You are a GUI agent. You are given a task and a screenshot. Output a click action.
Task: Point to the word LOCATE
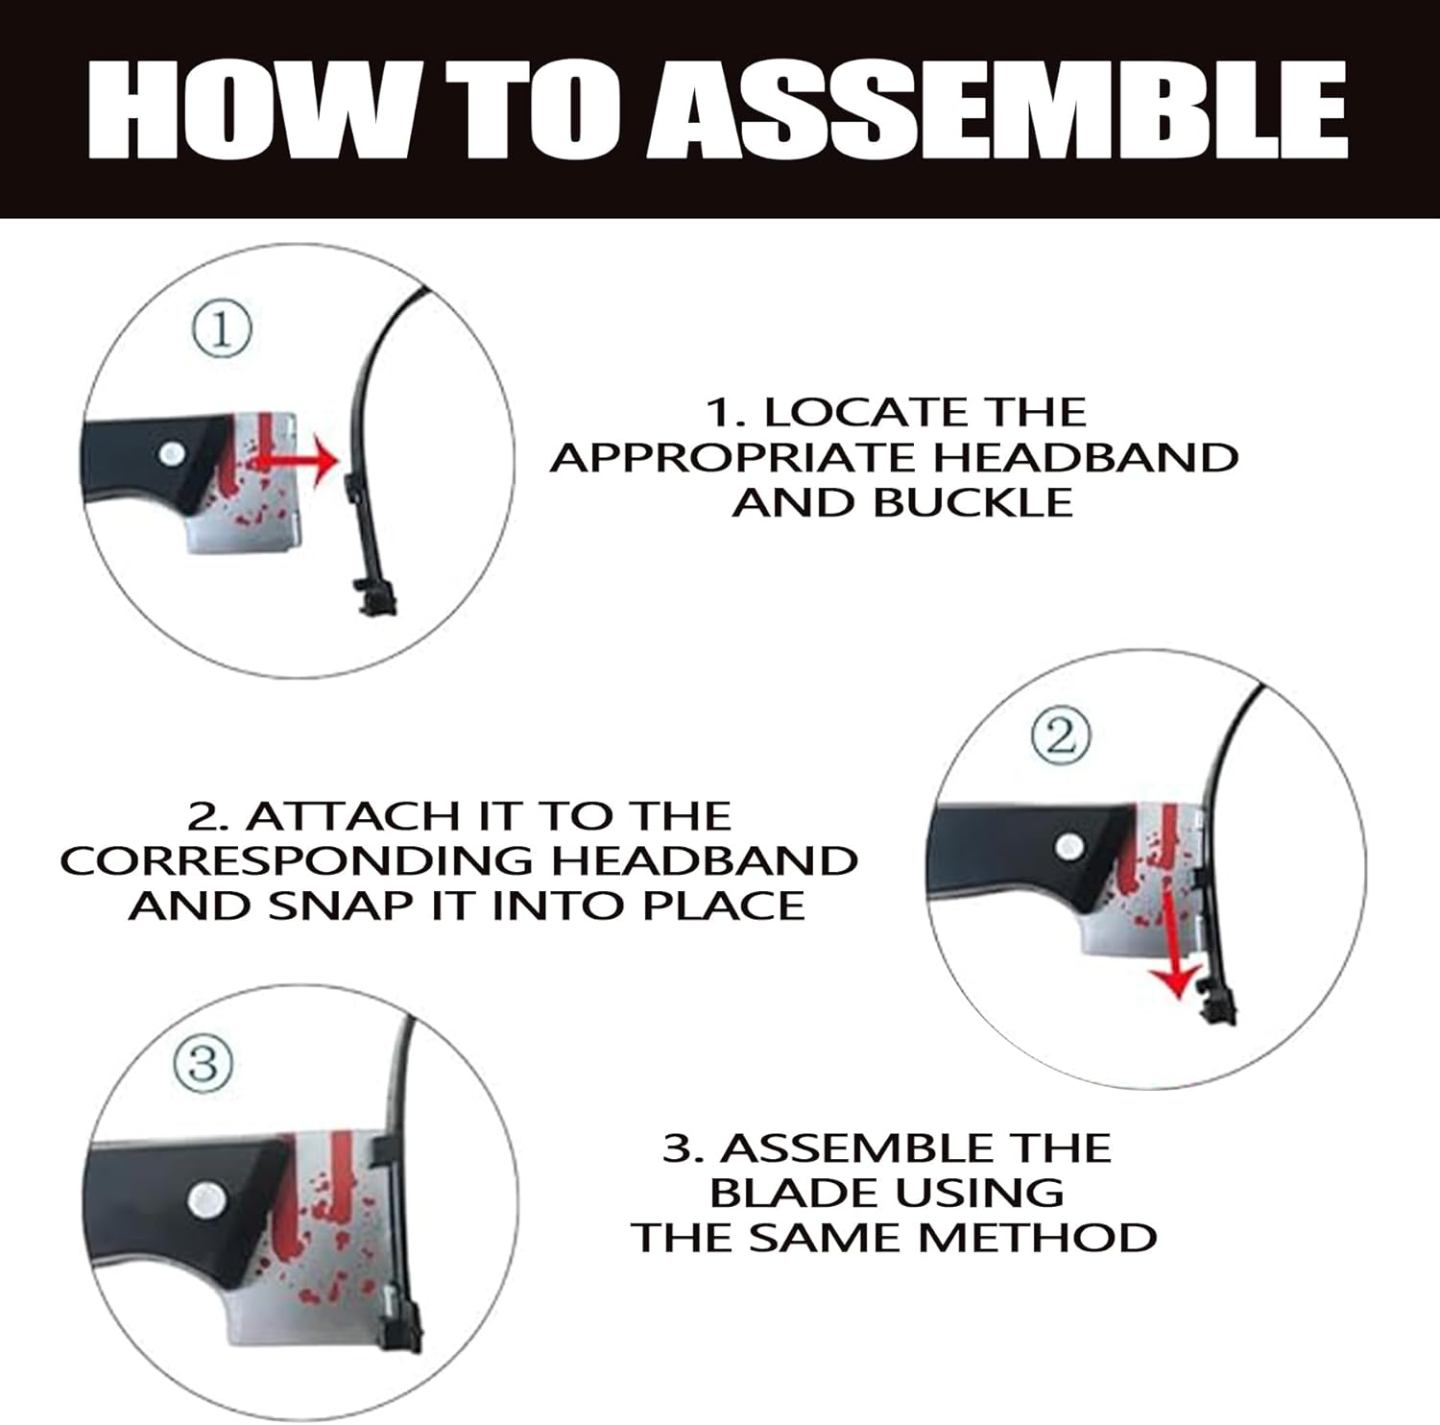854,413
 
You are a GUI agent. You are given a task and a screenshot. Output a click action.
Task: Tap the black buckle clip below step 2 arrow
1216,1006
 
